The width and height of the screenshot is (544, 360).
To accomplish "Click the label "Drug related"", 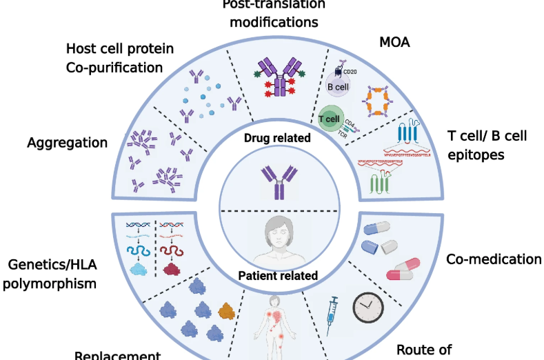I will [277, 138].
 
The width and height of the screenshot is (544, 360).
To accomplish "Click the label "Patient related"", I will [278, 276].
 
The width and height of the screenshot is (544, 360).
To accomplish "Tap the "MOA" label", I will [395, 43].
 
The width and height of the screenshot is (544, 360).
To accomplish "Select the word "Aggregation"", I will [68, 143].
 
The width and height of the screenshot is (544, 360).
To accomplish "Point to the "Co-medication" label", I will [494, 259].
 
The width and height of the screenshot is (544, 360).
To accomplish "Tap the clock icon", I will [367, 308].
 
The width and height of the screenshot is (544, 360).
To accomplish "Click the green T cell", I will [332, 117].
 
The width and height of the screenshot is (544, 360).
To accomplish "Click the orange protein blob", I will [225, 309].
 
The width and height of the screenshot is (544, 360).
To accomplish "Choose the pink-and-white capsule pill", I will [403, 270].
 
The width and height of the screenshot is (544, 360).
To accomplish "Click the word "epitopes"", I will [475, 154].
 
